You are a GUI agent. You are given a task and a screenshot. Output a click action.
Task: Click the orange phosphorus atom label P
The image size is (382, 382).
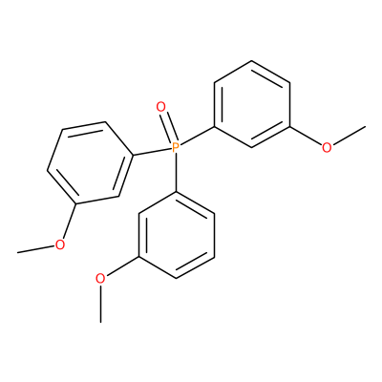point(176,148)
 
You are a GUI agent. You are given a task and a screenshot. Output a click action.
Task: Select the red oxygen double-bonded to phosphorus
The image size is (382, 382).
point(161,107)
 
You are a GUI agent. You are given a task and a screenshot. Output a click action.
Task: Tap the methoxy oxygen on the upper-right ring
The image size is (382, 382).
point(327,147)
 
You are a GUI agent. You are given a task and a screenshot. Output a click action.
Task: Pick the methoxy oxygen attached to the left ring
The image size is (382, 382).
point(60,244)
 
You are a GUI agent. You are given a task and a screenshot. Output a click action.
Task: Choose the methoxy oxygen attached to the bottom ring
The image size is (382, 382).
point(100,279)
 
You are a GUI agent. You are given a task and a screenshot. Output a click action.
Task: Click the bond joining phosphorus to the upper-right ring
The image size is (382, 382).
point(198,137)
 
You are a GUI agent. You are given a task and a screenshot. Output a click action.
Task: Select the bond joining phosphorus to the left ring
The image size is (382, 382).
point(151,152)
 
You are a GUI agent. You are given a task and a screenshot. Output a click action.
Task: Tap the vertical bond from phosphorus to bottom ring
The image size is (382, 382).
point(176,173)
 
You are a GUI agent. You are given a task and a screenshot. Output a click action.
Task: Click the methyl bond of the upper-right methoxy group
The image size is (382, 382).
point(349,136)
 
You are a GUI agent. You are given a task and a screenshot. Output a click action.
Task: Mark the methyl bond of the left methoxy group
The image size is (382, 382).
point(36,249)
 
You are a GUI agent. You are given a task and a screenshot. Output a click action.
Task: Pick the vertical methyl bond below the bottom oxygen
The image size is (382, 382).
point(100,304)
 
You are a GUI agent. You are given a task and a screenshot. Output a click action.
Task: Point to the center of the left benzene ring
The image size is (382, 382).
point(90,163)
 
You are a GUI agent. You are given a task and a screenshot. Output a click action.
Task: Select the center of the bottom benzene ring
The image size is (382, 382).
point(176,235)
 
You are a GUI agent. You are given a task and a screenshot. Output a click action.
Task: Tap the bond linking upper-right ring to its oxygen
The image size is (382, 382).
point(306,137)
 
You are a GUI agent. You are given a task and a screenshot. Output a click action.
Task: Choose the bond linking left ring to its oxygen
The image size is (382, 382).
point(69,222)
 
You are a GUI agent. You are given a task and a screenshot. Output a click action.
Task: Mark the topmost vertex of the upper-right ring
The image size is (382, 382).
point(252,61)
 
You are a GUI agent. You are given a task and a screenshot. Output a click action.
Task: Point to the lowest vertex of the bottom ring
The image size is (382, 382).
point(176,278)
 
